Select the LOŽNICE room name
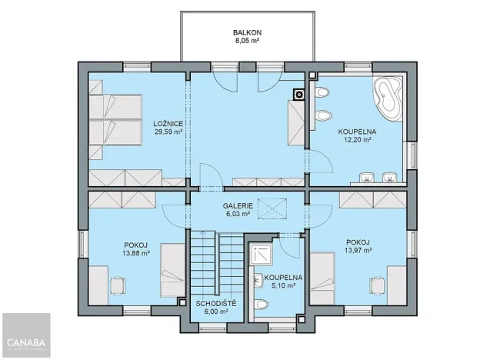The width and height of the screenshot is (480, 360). (x=167, y=123)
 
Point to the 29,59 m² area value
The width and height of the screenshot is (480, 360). (x=167, y=132)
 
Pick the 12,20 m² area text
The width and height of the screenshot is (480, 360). (x=355, y=141)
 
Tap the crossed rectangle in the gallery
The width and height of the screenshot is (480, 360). (x=270, y=208)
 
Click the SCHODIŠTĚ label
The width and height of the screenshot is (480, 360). (x=215, y=303)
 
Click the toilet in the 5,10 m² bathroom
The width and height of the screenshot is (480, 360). (x=263, y=304)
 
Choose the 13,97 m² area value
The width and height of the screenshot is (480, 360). (x=358, y=250)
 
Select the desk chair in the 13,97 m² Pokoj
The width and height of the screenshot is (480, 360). (x=377, y=285)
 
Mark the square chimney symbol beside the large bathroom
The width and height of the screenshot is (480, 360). (x=298, y=95)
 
